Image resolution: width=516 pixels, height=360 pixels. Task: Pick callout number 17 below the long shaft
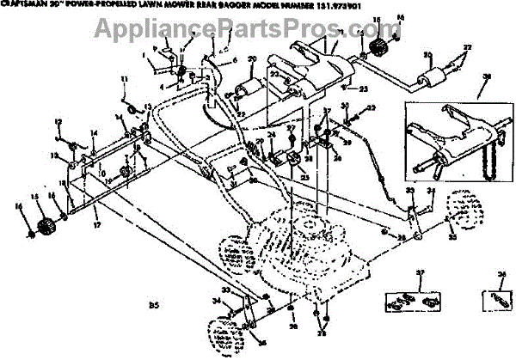96,225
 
